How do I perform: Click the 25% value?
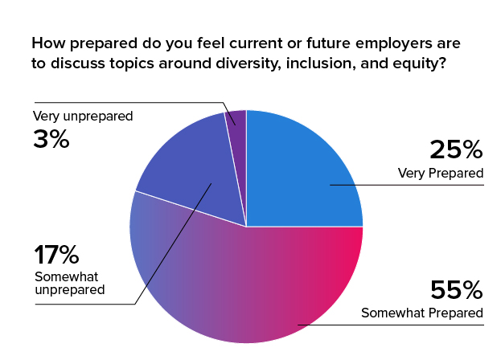456,149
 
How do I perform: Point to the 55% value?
456,290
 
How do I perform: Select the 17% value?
56,255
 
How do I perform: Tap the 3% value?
51,139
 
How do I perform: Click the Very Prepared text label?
441,174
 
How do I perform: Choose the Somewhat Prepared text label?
422,313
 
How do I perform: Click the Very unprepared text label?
83,117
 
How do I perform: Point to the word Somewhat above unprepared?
67,276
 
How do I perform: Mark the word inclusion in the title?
321,63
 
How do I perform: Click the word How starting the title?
47,43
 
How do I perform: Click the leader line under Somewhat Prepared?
391,325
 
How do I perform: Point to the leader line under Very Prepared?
407,185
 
